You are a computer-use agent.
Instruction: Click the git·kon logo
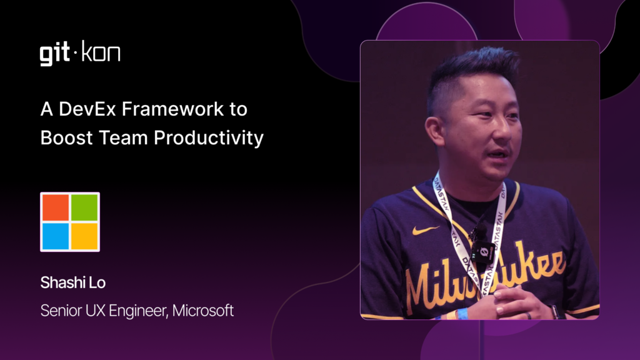click(x=80, y=53)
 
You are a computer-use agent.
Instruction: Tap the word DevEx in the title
click(x=87, y=109)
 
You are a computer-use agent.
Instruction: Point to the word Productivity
click(x=209, y=138)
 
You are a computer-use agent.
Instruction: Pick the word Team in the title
click(x=123, y=137)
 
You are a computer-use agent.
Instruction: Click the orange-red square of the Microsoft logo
click(x=56, y=207)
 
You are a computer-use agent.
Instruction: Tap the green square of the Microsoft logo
click(x=84, y=207)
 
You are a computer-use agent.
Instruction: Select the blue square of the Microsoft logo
click(x=56, y=236)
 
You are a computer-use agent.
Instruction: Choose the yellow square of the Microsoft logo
click(x=84, y=236)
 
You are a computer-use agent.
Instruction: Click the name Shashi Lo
click(x=73, y=282)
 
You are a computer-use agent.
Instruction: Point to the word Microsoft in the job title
click(x=203, y=311)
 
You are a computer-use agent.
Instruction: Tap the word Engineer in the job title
click(x=138, y=311)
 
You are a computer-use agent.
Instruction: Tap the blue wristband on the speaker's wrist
click(x=462, y=314)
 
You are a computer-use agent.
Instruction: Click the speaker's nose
click(x=503, y=130)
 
